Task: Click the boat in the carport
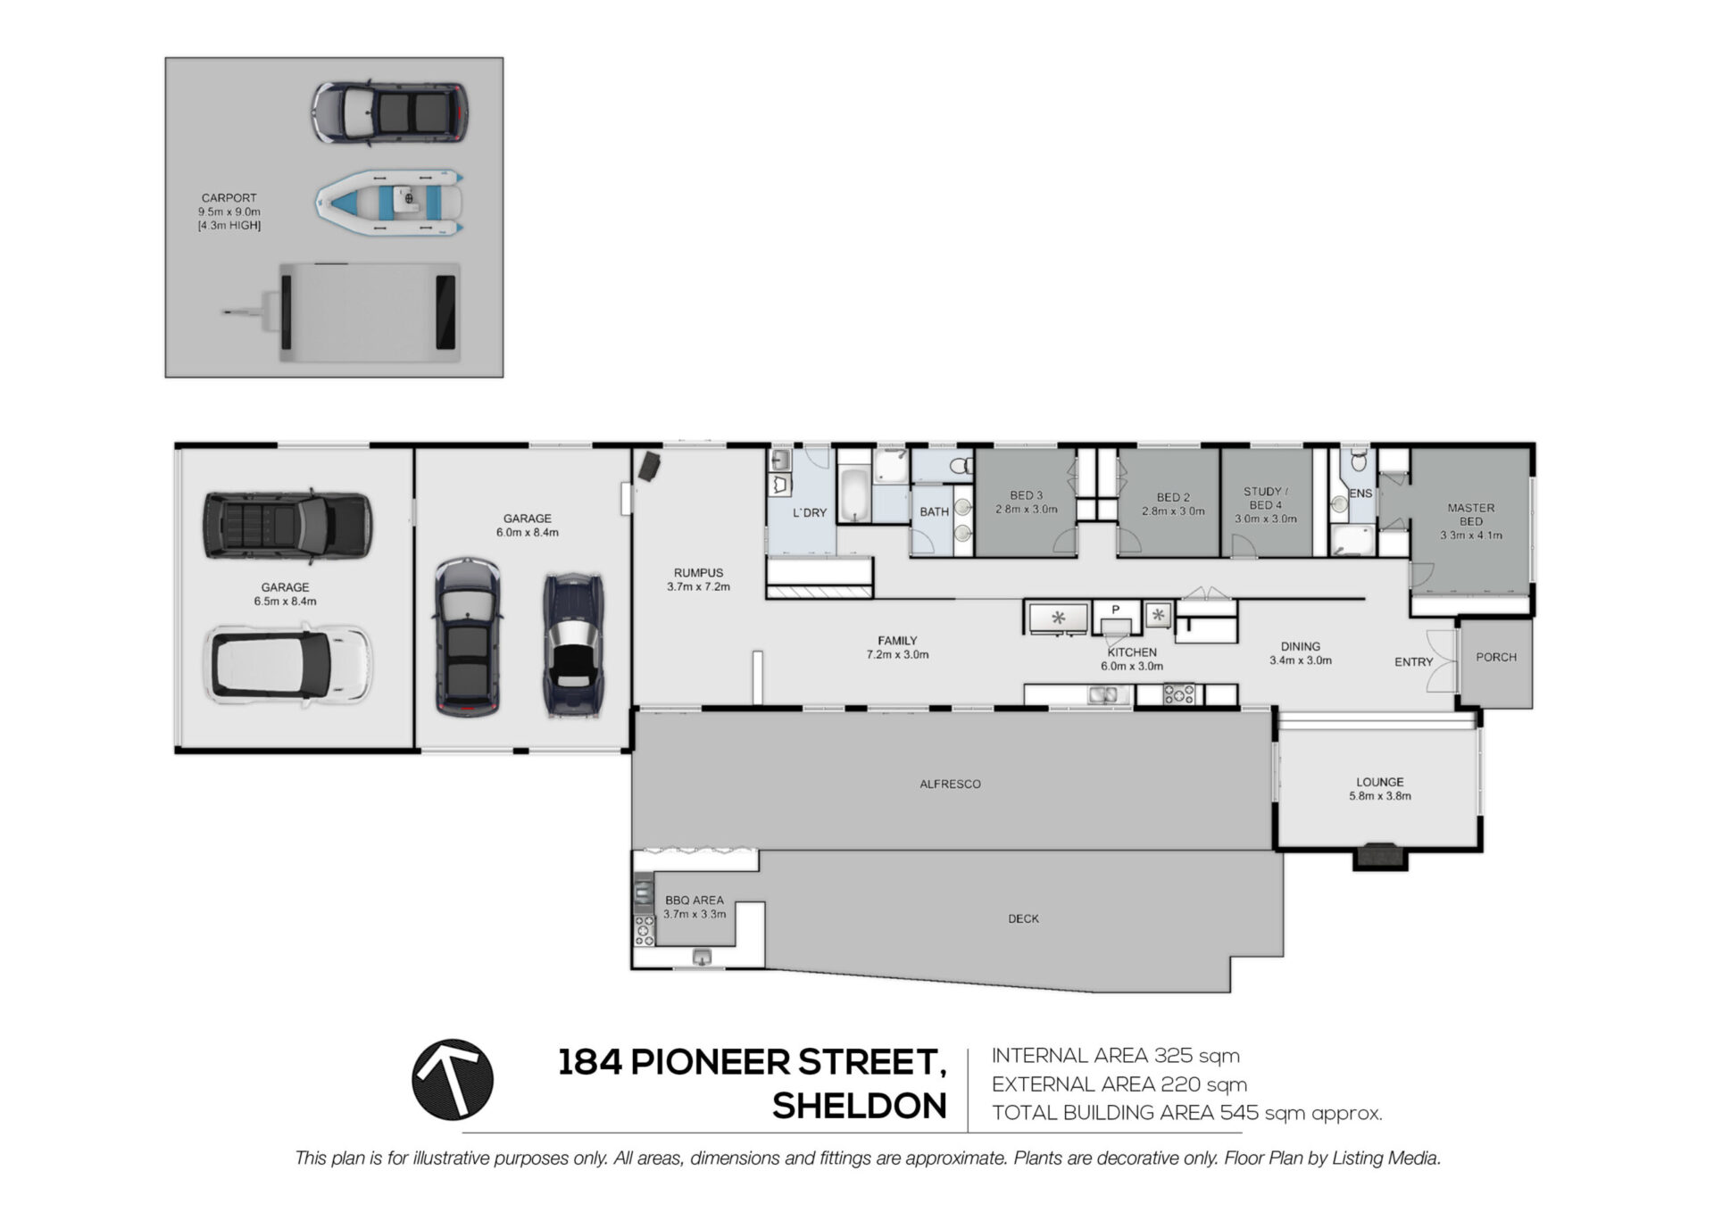click(389, 203)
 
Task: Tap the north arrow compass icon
click(453, 1079)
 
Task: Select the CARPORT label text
click(229, 198)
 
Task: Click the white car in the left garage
click(287, 664)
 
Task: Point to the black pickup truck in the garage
click(287, 526)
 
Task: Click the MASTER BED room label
click(1470, 514)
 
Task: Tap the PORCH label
click(1496, 657)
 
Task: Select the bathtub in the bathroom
click(854, 494)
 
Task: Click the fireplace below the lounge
click(1381, 856)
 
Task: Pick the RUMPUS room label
click(698, 573)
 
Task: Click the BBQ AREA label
click(695, 901)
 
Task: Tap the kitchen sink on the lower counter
click(1104, 694)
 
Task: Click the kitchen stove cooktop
click(1179, 694)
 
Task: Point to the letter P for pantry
click(1115, 610)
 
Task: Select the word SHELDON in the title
click(859, 1107)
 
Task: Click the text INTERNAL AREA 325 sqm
click(1116, 1056)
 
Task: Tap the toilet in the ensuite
click(1359, 460)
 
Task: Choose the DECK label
click(1023, 918)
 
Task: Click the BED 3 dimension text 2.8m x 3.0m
click(1027, 510)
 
